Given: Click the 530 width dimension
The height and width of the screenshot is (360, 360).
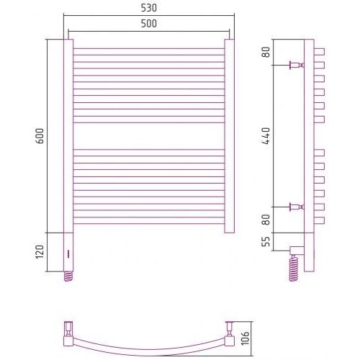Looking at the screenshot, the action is click(x=149, y=8).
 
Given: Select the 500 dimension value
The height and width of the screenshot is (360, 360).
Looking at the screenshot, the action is click(x=149, y=24).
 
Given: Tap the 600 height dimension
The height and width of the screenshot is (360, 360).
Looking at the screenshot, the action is click(x=40, y=136).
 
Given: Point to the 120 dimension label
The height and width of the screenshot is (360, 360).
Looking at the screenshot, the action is click(x=40, y=252).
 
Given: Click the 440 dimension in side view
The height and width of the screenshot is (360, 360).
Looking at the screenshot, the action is click(x=266, y=136).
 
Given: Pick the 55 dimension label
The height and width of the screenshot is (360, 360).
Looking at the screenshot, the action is click(x=266, y=241).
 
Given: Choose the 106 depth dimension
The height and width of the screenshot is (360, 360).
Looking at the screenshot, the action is click(x=245, y=338).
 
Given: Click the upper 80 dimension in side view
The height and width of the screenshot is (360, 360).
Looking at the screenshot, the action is click(x=266, y=52).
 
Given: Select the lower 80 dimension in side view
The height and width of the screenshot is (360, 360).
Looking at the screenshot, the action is click(x=266, y=220).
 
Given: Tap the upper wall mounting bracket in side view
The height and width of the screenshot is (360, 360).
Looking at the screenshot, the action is click(x=297, y=65).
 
